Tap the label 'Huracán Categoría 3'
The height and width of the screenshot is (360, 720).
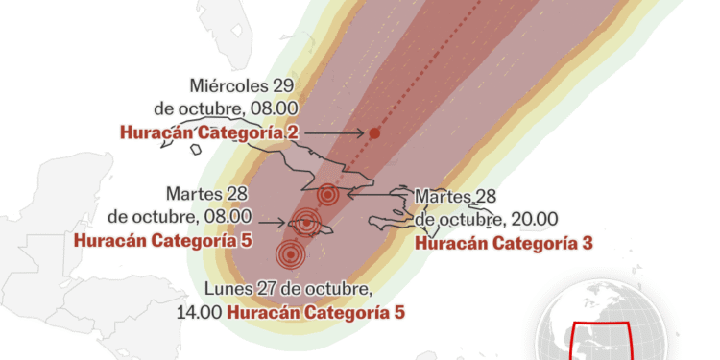[503, 243]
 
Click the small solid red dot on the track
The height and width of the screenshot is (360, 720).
[374, 133]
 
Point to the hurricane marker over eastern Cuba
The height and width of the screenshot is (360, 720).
[328, 195]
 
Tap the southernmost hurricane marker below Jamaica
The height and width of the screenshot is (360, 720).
[290, 255]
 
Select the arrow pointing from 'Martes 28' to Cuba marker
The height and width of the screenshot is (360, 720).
[379, 193]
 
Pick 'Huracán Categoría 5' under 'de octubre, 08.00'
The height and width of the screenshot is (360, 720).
[162, 239]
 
